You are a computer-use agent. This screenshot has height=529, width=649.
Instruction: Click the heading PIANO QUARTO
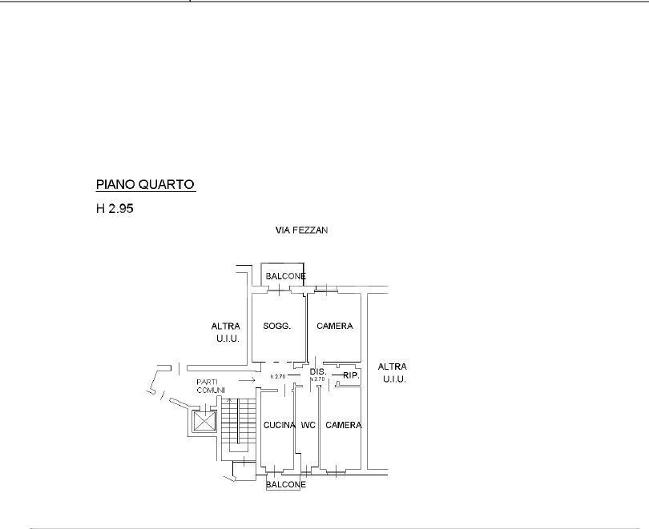coord(145,184)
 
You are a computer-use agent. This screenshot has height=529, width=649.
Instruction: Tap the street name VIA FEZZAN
coord(302,230)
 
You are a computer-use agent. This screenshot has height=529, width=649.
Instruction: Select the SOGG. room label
coord(276,326)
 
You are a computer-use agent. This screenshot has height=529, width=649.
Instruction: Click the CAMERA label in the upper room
coord(335,326)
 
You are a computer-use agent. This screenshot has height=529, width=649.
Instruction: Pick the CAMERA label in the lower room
coord(344,425)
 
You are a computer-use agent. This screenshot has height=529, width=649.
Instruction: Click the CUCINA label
coord(280,425)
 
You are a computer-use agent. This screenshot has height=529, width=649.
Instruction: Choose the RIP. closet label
coord(350,375)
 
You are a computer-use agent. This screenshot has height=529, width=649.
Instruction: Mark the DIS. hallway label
coord(318,372)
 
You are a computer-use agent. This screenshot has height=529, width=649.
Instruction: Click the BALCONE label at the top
coord(285,276)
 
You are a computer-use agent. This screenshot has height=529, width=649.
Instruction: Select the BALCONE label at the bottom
coord(285,484)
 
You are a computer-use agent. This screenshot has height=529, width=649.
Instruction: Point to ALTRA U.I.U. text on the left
coord(226,332)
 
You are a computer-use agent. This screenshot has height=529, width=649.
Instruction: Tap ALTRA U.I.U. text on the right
coord(393,372)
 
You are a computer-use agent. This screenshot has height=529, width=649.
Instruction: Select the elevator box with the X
coord(204,421)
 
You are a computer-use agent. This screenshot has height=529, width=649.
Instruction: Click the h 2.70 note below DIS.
coord(317,379)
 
